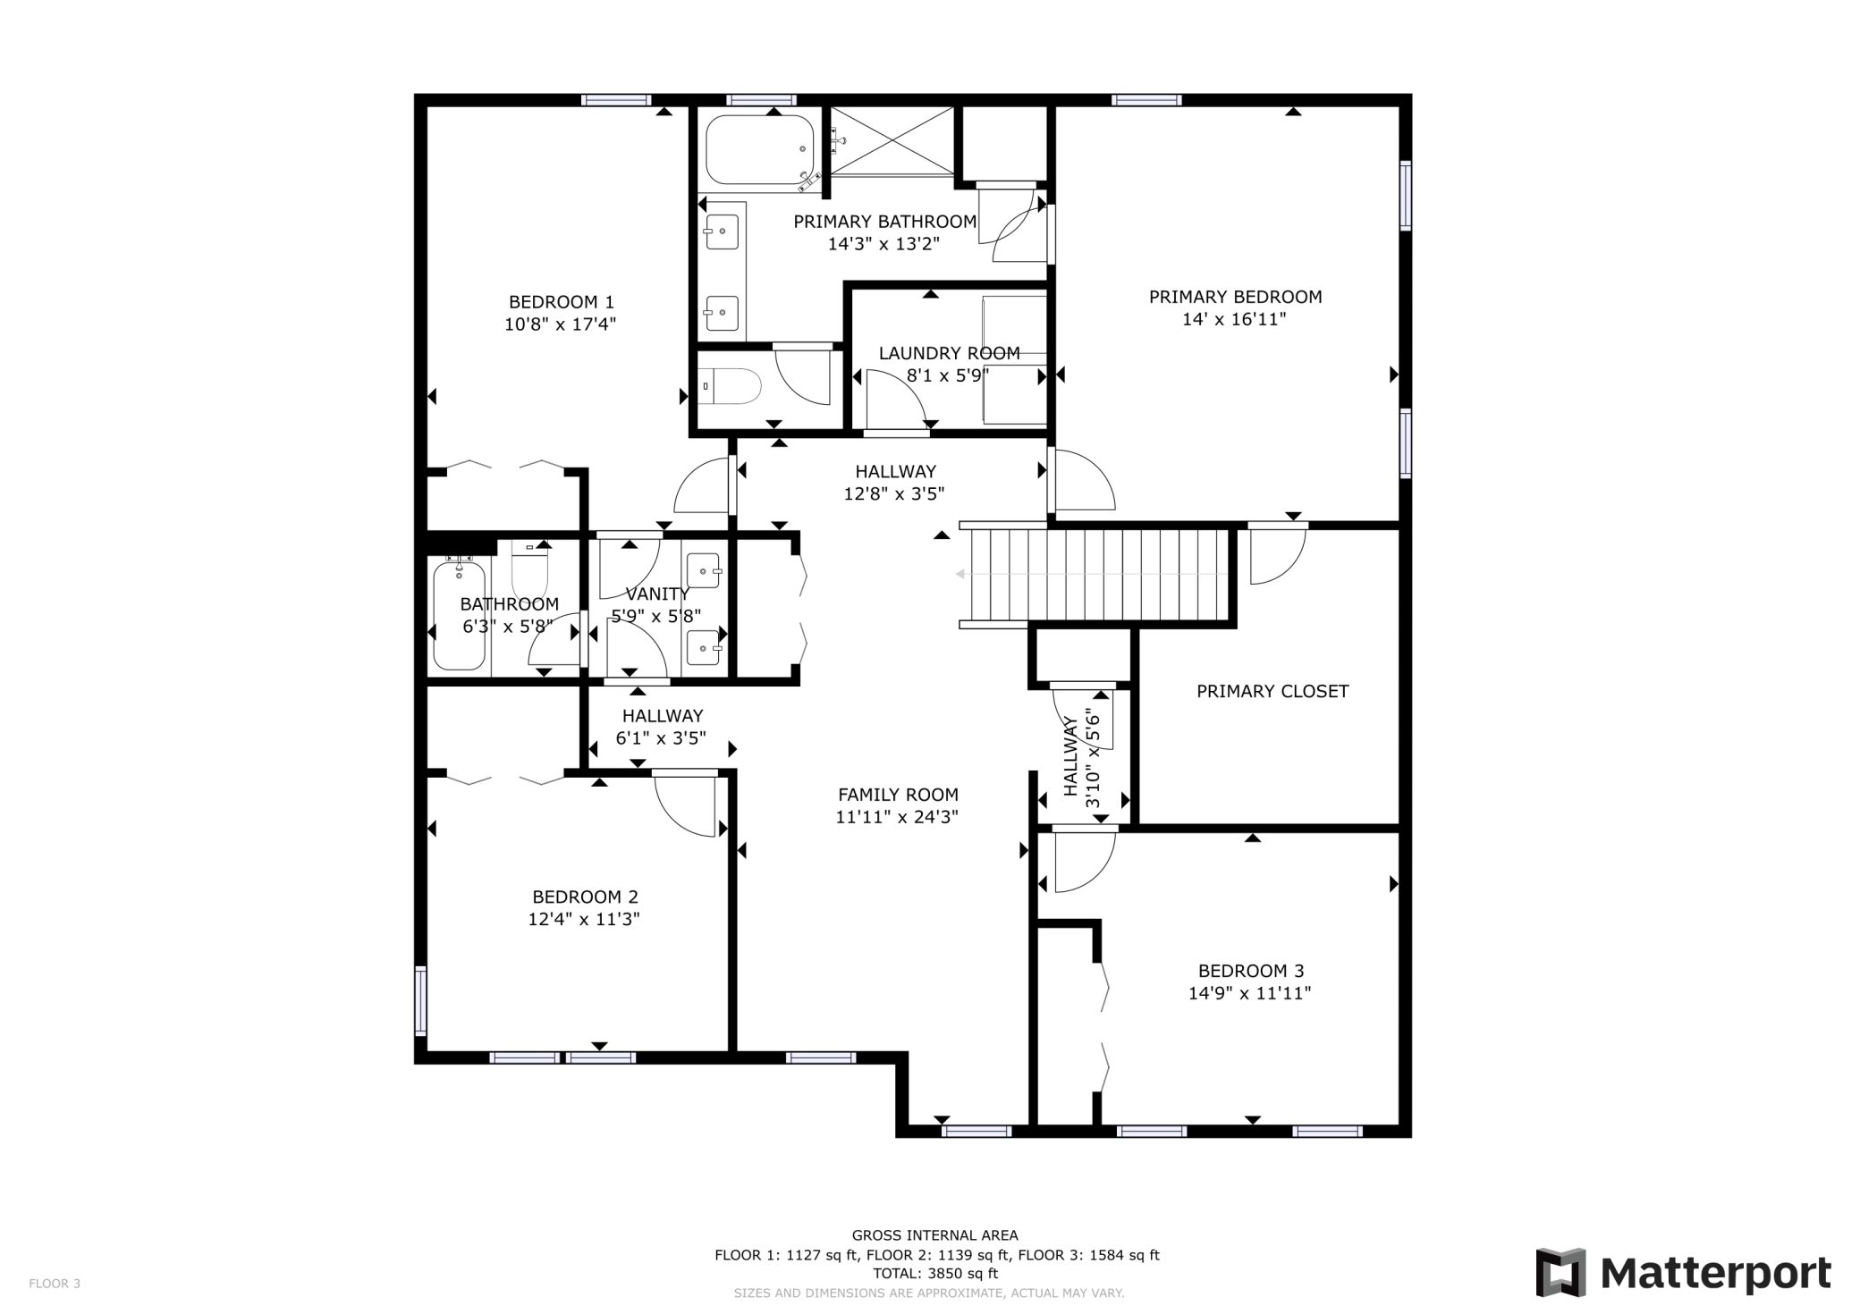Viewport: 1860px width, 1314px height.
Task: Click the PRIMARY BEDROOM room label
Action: tap(1235, 297)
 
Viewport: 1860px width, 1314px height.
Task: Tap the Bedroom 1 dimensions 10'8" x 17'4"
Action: tap(561, 324)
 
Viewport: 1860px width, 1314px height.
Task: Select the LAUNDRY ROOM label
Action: tap(949, 353)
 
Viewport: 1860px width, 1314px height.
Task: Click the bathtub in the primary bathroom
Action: tap(759, 150)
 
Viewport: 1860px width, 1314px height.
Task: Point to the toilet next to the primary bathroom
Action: tap(731, 386)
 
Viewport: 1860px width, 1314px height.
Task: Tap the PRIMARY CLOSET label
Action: tap(1272, 691)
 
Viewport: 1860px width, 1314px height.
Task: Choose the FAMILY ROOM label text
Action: tap(898, 795)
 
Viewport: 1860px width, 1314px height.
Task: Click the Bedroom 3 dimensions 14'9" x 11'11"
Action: tap(1249, 993)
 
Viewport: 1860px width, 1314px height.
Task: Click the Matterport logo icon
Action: tap(1560, 1272)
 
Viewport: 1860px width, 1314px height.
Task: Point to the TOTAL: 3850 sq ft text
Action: tap(934, 1274)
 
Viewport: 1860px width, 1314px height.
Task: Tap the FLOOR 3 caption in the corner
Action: tap(55, 1284)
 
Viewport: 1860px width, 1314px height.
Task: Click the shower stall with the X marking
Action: tap(892, 140)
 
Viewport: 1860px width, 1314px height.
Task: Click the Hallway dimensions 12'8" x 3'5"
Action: tap(894, 494)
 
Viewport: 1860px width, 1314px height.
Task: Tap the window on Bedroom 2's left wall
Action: tap(420, 1000)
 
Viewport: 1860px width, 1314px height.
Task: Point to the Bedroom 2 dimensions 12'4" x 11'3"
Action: tap(584, 919)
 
